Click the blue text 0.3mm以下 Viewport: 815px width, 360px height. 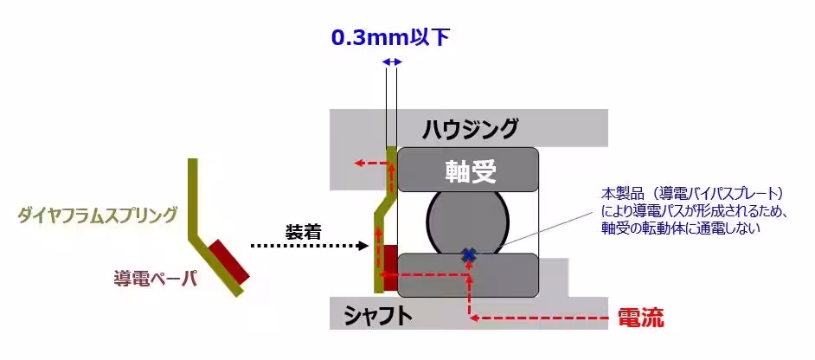[390, 38]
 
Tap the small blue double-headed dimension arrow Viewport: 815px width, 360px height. [391, 62]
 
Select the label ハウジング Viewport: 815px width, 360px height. [469, 128]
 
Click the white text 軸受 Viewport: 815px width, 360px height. [471, 170]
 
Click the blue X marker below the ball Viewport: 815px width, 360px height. [469, 255]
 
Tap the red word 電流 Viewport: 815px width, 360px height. [640, 318]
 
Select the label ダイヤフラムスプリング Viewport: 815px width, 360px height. [97, 215]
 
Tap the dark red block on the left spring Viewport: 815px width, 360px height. [228, 263]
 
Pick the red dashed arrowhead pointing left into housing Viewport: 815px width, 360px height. [359, 164]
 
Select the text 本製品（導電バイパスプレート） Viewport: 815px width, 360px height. [692, 194]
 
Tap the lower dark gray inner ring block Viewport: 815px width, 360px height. [467, 275]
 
